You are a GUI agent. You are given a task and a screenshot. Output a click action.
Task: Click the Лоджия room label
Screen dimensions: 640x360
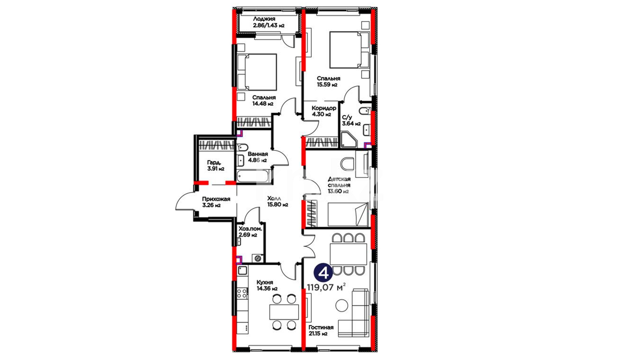point(264,19)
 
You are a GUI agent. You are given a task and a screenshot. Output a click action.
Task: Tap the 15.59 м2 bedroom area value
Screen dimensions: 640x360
point(327,85)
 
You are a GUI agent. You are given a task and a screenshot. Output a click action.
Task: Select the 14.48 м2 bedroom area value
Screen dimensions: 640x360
point(263,104)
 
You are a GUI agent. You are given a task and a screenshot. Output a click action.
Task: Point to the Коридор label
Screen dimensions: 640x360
point(324,108)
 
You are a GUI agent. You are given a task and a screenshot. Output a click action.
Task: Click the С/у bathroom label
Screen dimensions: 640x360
point(347,117)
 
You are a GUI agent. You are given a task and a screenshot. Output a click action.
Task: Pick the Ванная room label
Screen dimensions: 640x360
point(258,154)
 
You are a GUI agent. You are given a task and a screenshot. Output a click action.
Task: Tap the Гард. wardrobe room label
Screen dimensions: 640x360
point(214,163)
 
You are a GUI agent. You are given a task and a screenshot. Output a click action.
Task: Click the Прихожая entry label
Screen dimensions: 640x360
point(216,199)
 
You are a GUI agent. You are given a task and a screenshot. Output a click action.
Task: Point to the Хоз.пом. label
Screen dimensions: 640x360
point(250,229)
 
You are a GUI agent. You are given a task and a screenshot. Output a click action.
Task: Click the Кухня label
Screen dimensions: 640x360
point(265,282)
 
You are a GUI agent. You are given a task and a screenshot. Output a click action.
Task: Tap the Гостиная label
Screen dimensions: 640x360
point(321,327)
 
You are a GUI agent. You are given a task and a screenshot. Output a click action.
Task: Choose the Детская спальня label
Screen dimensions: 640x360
point(339,182)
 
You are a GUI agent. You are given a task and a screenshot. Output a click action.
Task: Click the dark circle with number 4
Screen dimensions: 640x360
point(323,273)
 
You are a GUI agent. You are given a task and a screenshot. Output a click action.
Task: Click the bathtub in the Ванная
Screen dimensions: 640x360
point(253,176)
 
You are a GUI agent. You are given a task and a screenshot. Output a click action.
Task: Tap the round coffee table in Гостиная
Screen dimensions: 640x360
point(342,305)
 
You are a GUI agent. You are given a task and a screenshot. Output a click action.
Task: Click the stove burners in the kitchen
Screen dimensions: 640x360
point(242,294)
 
